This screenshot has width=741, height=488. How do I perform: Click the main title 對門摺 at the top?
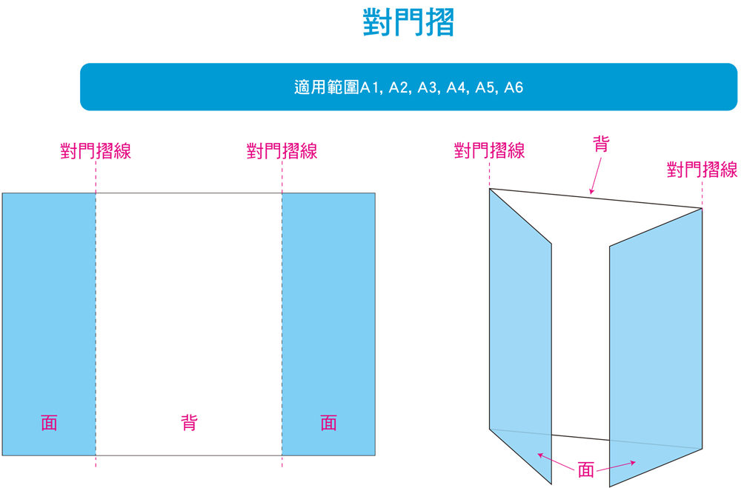pyautogui.click(x=408, y=22)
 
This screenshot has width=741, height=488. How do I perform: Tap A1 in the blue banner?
pyautogui.click(x=369, y=87)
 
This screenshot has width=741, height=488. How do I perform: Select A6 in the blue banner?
pyautogui.click(x=514, y=87)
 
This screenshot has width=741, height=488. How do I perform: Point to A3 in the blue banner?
pyautogui.click(x=428, y=87)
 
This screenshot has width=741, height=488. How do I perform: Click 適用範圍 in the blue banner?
pyautogui.click(x=327, y=87)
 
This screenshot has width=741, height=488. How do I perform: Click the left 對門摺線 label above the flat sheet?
pyautogui.click(x=96, y=151)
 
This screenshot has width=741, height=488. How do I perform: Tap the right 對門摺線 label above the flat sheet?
pyautogui.click(x=282, y=151)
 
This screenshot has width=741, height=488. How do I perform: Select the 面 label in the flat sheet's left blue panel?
pyautogui.click(x=49, y=423)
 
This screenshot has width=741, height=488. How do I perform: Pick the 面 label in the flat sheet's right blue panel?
pyautogui.click(x=328, y=423)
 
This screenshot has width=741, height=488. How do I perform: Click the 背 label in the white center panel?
pyautogui.click(x=189, y=423)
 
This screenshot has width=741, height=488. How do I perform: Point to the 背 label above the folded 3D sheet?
pyautogui.click(x=601, y=144)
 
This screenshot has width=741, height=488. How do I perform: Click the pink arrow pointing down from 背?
pyautogui.click(x=596, y=176)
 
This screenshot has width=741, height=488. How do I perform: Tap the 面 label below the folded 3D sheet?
pyautogui.click(x=586, y=470)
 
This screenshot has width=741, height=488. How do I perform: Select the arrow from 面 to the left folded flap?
pyautogui.click(x=556, y=461)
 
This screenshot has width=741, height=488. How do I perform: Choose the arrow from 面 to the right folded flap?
pyautogui.click(x=617, y=467)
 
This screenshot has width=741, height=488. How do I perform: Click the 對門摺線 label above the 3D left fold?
pyautogui.click(x=489, y=151)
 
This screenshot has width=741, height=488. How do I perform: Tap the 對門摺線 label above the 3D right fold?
pyautogui.click(x=702, y=170)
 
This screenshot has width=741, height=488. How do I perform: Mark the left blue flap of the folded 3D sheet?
pyautogui.click(x=520, y=335)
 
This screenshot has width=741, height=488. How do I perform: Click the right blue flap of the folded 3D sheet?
pyautogui.click(x=656, y=347)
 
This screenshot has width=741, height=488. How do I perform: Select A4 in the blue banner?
pyautogui.click(x=456, y=87)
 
